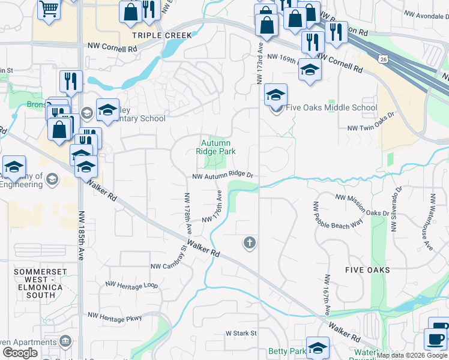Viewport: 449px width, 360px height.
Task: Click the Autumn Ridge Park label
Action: click(215, 147)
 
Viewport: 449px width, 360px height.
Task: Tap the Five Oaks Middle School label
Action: click(331, 108)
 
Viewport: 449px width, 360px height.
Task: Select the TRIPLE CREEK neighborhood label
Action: click(162, 35)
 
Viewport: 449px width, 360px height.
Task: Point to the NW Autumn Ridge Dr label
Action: click(223, 176)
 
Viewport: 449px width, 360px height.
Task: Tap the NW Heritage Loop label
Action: click(131, 285)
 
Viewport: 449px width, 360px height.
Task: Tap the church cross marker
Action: click(249, 243)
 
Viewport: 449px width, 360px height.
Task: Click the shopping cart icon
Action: click(49, 8)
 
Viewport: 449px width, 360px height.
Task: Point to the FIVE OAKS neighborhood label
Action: click(368, 270)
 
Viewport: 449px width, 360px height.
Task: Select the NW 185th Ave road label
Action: click(80, 235)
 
